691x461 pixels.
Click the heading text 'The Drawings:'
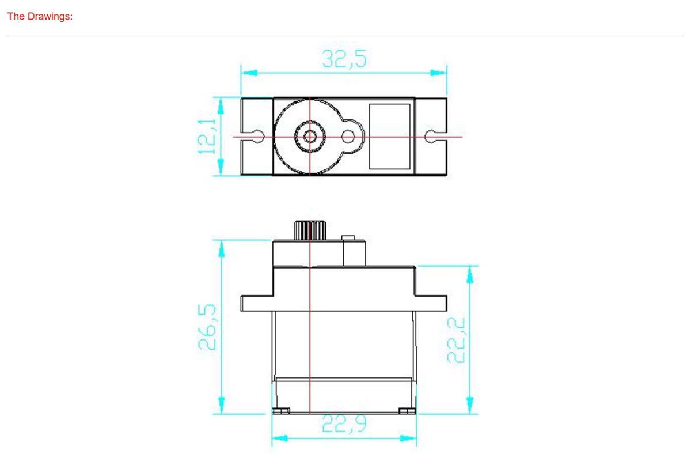pyautogui.click(x=40, y=16)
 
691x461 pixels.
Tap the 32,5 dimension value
pyautogui.click(x=344, y=59)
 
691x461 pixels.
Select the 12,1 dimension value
pyautogui.click(x=207, y=137)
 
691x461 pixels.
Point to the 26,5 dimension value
pyautogui.click(x=207, y=327)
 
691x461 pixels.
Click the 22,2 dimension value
pyautogui.click(x=455, y=340)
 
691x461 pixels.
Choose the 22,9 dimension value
pyautogui.click(x=344, y=424)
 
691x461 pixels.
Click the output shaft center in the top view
pyautogui.click(x=310, y=137)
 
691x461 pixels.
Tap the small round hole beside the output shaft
pyautogui.click(x=348, y=137)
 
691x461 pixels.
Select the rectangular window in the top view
pyautogui.click(x=390, y=137)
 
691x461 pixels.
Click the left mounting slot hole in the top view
pyautogui.click(x=259, y=137)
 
